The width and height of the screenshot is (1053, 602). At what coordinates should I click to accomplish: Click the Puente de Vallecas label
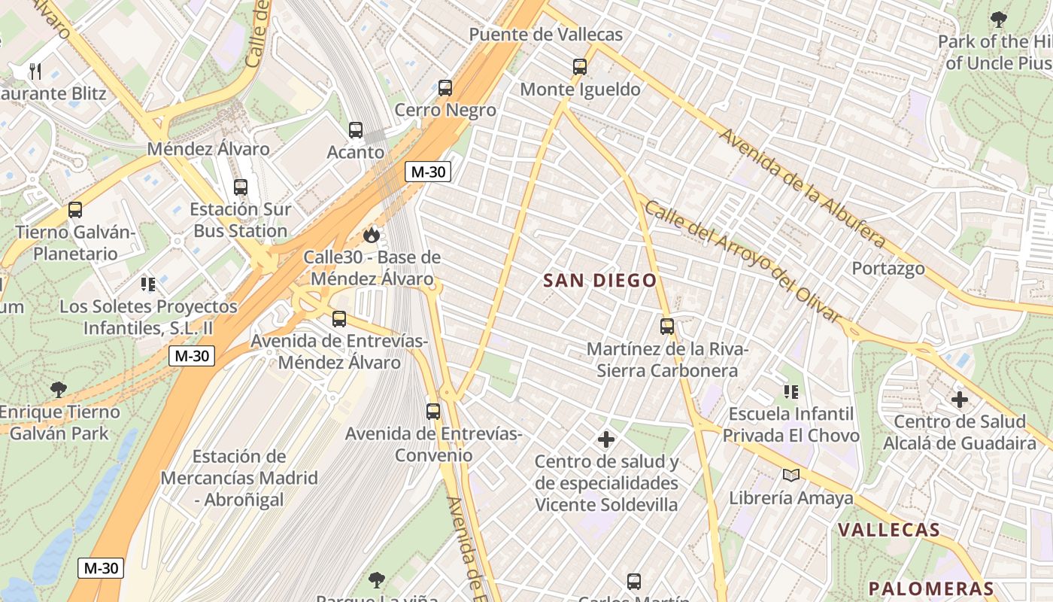pos(545,35)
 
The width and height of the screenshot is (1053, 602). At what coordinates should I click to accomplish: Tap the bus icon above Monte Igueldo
pos(579,67)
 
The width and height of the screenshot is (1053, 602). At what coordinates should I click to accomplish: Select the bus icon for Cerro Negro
pos(445,88)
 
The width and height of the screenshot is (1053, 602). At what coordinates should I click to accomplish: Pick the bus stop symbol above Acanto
pos(356,130)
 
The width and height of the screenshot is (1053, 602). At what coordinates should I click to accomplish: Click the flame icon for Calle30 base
pos(371,235)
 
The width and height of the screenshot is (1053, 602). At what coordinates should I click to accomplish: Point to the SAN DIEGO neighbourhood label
pos(599,281)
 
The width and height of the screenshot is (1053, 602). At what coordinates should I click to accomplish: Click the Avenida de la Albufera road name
pos(802,188)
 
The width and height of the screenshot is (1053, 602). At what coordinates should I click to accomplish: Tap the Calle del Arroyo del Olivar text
pos(742,261)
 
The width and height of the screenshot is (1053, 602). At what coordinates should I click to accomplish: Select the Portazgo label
pos(888,269)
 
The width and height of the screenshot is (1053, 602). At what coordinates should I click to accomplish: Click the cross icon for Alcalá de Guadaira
pos(959,400)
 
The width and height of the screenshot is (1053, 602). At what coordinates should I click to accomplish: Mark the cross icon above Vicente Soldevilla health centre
pos(606,439)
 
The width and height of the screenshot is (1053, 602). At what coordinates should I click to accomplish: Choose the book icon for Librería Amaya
pos(791,475)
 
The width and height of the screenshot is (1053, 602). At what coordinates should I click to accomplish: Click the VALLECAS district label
pos(889,530)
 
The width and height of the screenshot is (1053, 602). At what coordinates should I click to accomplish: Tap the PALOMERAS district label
pos(931,589)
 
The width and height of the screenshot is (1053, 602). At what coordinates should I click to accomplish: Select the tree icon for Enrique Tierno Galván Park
pos(59,390)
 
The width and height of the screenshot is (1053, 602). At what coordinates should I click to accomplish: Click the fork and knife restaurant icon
pos(35,71)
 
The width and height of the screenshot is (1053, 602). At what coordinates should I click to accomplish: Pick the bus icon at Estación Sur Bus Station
pos(240,187)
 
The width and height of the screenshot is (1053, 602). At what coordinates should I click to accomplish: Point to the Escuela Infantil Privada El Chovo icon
pos(791,392)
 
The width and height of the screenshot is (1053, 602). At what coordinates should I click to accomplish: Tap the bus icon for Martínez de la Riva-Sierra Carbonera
pos(666,327)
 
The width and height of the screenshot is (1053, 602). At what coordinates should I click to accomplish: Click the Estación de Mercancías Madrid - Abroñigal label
pos(239,478)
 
